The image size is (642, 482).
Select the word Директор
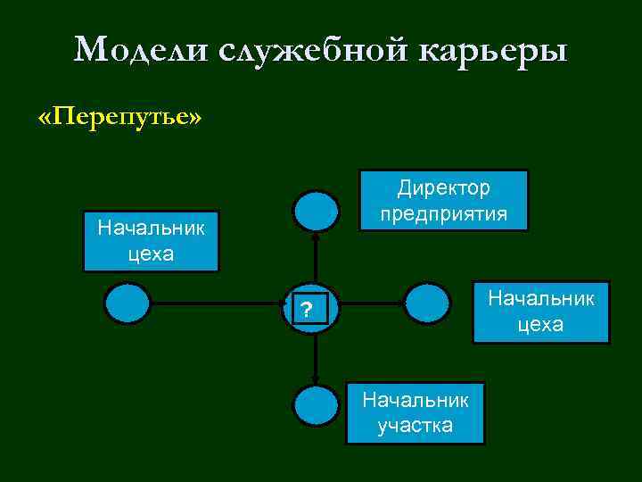[443, 189]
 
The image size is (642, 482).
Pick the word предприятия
[443, 214]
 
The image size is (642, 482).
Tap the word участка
[415, 425]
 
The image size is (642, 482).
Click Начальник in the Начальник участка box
[415, 401]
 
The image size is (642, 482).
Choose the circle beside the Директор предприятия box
[317, 212]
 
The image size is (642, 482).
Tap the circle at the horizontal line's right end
[428, 303]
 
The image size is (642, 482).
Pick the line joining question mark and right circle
[366, 303]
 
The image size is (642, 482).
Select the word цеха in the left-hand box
[151, 253]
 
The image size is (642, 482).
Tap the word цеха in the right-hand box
[540, 324]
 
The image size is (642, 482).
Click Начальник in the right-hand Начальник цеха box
[540, 297]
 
